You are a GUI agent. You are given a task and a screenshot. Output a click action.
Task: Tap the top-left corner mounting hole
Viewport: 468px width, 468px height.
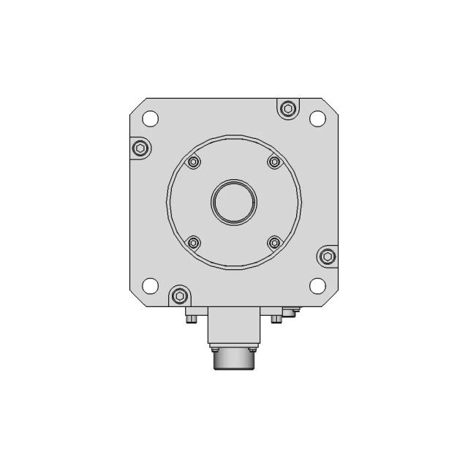click(149, 117)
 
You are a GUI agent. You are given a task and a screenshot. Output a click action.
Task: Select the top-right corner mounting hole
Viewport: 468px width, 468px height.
click(317, 117)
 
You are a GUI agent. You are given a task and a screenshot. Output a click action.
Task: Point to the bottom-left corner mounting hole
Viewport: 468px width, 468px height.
click(149, 285)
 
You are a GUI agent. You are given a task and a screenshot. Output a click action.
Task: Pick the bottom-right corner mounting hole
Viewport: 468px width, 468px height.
click(317, 285)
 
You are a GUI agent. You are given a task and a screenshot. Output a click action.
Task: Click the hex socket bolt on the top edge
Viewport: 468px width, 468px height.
click(287, 109)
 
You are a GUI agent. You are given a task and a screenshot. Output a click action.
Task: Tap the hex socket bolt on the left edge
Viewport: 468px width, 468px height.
click(140, 149)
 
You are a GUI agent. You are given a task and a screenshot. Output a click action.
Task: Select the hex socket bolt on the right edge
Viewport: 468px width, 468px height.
click(328, 255)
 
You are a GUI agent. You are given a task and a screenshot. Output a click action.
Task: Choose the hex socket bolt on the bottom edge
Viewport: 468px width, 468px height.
click(178, 295)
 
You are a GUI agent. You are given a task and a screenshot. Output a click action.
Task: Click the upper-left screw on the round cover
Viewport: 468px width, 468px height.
click(193, 162)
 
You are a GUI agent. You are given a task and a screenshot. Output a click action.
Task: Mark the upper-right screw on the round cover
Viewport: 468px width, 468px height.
click(274, 162)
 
